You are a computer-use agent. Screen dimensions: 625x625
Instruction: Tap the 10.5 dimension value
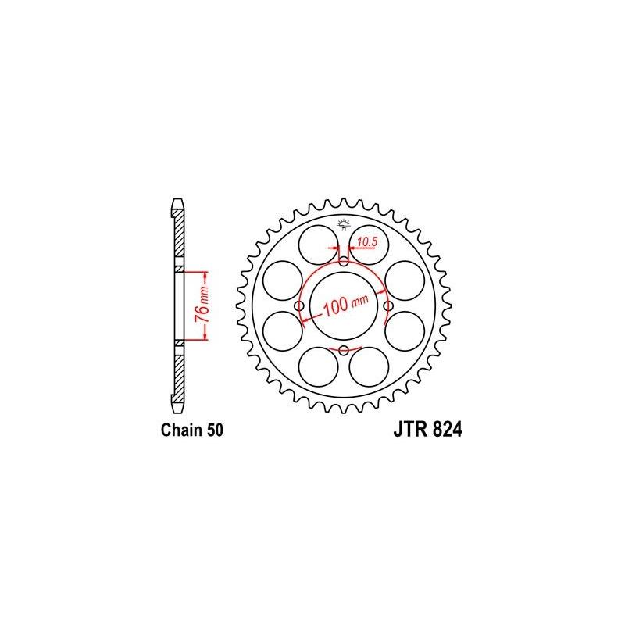click(366, 241)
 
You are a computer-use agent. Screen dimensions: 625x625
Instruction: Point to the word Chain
click(177, 430)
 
